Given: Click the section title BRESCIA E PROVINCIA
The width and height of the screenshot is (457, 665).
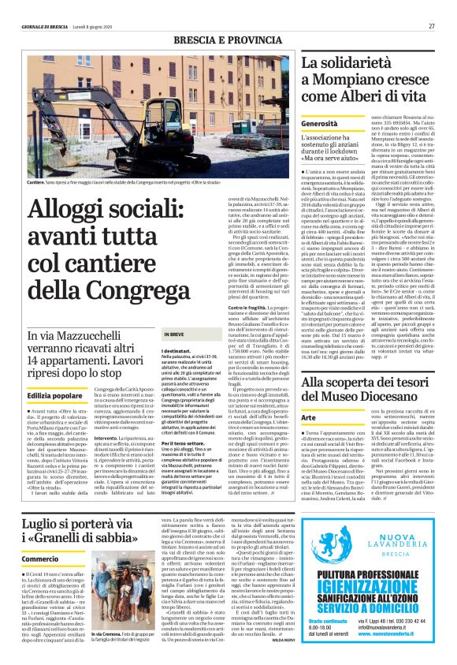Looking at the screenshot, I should [x=228, y=39].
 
